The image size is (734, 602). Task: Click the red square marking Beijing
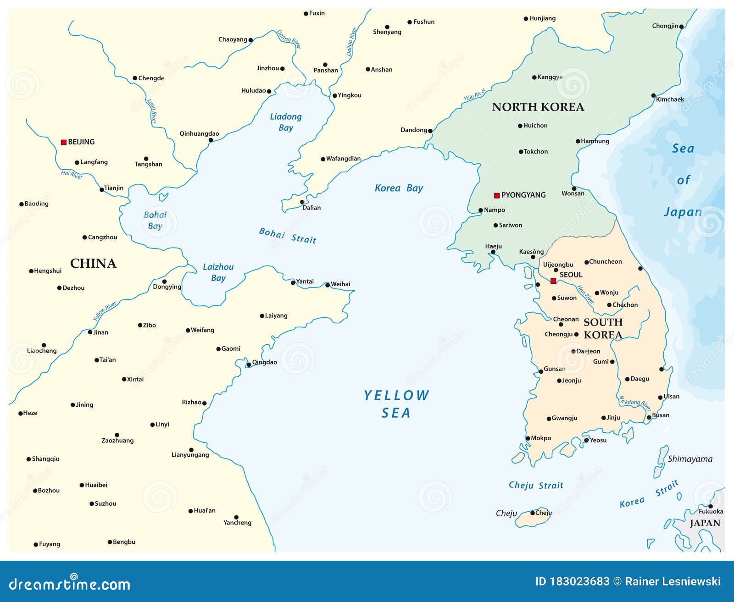click(64, 142)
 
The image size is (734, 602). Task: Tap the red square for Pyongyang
click(496, 195)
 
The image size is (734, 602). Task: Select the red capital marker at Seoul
click(553, 281)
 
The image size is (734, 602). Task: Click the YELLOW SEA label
click(396, 404)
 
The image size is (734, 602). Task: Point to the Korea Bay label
click(399, 188)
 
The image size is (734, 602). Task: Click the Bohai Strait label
click(288, 236)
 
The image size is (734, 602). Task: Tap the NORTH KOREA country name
click(538, 107)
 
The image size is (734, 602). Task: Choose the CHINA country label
click(93, 263)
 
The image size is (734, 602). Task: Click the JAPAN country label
click(705, 523)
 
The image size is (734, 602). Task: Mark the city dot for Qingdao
click(249, 365)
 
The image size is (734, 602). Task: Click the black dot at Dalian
click(302, 202)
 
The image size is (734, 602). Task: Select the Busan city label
click(661, 415)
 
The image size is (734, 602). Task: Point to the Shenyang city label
click(387, 32)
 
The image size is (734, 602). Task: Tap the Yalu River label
click(475, 95)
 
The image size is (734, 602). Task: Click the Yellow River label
click(105, 311)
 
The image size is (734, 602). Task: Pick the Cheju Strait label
click(536, 485)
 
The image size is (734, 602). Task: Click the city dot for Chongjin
click(681, 27)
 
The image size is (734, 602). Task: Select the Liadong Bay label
click(286, 122)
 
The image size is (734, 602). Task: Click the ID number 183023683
click(579, 581)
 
